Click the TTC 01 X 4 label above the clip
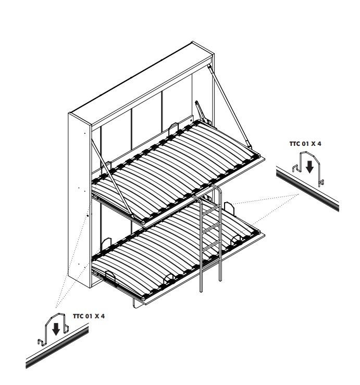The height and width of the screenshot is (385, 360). point(305,144)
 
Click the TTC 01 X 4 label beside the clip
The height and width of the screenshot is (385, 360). point(89,316)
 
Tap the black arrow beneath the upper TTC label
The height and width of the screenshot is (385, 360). point(309,167)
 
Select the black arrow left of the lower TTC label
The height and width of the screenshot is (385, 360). point(56,329)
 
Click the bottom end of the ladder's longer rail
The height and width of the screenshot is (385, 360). point(202,290)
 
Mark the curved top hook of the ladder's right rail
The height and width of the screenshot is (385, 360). point(217,189)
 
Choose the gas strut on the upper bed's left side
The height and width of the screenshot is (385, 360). point(111,178)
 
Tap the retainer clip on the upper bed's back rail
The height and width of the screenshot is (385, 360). point(173,128)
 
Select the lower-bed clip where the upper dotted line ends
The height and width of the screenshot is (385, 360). point(229,208)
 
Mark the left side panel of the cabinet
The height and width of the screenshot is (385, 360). point(80,200)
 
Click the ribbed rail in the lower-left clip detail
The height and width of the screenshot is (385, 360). point(57,346)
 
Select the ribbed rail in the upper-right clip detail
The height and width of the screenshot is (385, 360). point(308,188)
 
